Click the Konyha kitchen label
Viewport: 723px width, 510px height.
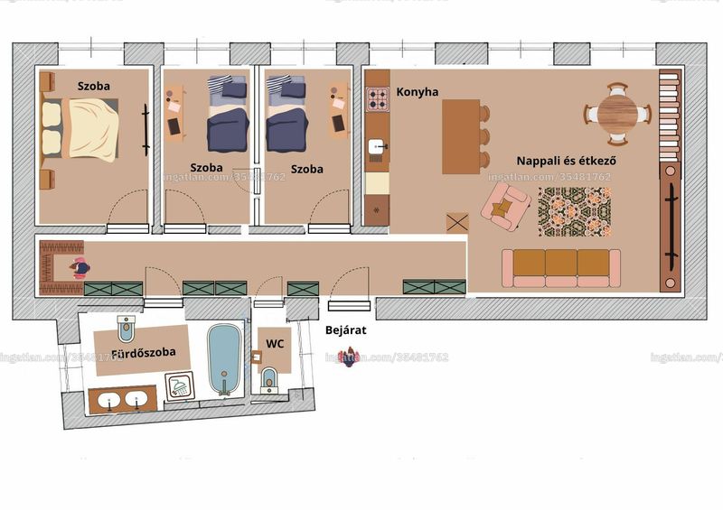point(418,92)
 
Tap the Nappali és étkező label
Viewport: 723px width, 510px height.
point(567,161)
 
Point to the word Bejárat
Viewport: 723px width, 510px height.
point(346,329)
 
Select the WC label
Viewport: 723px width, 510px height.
point(275,343)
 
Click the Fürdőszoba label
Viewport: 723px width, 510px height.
point(144,352)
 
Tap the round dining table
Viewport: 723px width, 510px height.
point(618,113)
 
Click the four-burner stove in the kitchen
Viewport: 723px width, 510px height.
point(378,99)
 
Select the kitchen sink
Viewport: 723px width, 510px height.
point(377,147)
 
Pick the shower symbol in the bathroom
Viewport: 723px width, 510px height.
point(180,385)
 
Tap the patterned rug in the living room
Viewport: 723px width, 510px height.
point(575,212)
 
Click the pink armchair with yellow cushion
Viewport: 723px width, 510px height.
point(505,207)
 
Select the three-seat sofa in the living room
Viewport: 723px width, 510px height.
point(561,268)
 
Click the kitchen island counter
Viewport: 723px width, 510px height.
point(461,137)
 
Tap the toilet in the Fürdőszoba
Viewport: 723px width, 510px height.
point(126,328)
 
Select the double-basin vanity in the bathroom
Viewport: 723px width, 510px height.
point(123,400)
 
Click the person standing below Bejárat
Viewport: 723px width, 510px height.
point(349,357)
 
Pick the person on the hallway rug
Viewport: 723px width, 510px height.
point(80,268)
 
